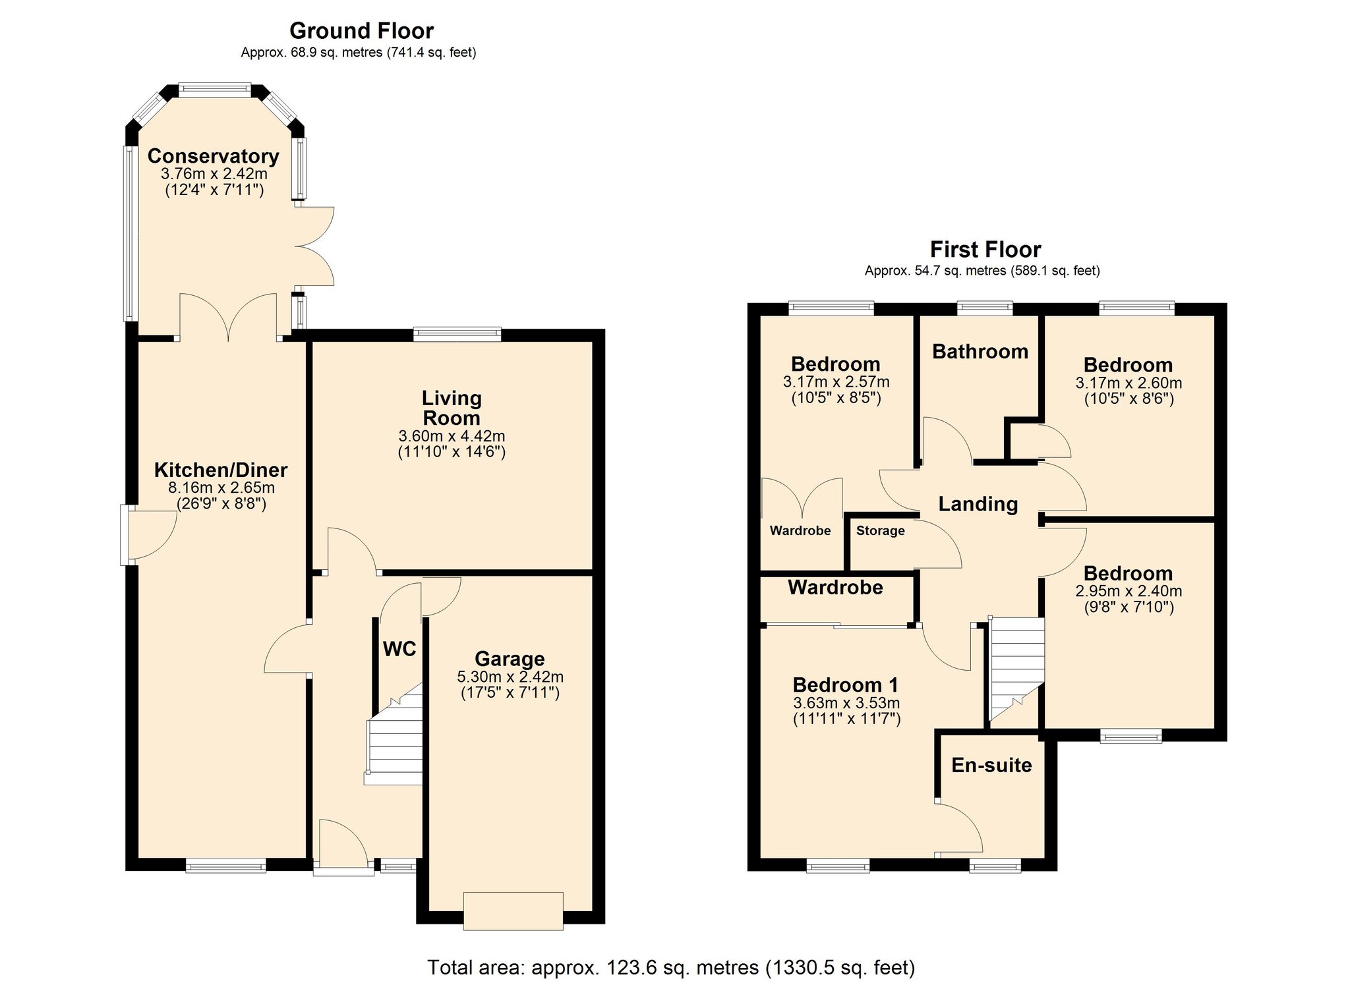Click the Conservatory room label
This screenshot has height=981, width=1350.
(213, 156)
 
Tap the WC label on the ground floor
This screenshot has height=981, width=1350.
(399, 649)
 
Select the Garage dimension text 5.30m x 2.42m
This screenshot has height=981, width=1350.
(510, 677)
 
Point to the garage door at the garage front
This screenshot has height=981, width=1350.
(513, 911)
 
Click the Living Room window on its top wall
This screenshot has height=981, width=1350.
(457, 334)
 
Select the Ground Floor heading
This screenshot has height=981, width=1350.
(361, 31)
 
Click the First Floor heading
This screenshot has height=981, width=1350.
(985, 250)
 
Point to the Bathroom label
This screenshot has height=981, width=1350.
(980, 352)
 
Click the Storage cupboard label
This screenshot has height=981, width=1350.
(880, 531)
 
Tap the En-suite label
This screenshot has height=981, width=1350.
(991, 765)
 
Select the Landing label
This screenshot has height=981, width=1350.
(978, 504)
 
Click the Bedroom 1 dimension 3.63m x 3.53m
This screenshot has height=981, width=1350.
(846, 703)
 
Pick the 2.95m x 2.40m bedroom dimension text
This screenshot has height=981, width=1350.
(1128, 591)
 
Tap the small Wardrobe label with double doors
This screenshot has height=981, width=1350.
(800, 531)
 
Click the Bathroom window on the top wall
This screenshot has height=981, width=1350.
(985, 307)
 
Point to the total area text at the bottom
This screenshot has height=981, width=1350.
(671, 967)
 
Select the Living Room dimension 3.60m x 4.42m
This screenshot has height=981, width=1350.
(452, 436)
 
